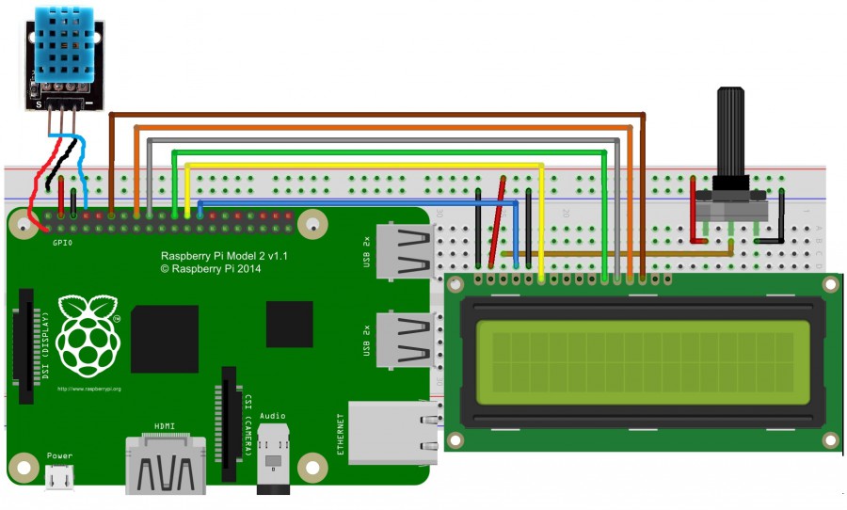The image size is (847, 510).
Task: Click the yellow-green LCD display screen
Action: point(642,362)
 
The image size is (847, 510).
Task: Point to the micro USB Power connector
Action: point(59,477)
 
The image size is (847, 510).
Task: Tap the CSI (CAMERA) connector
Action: point(229,415)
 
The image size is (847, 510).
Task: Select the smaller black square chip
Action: point(289,325)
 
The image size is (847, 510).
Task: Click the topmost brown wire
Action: point(376,114)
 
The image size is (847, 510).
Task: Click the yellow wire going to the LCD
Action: point(376,165)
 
